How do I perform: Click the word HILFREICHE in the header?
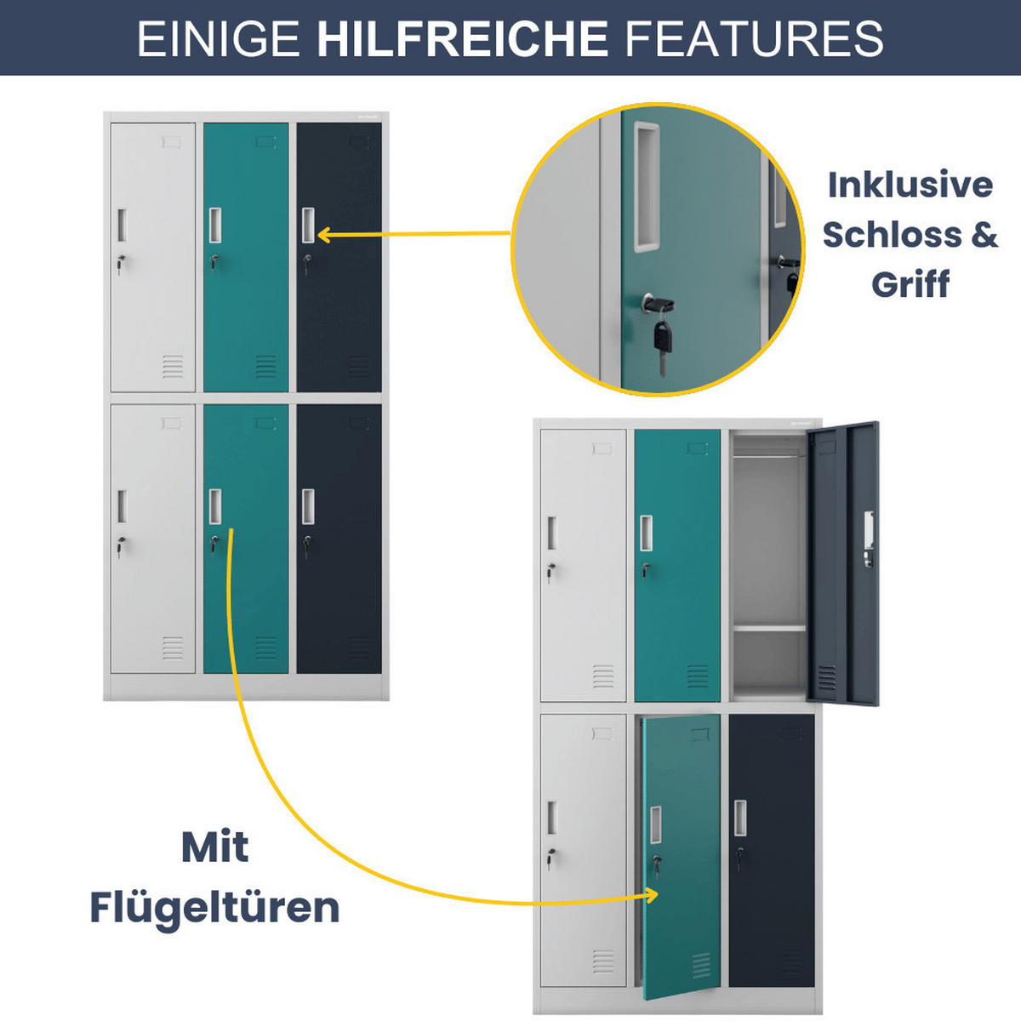click(x=462, y=39)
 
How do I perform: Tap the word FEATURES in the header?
click(x=754, y=39)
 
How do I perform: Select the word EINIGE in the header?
click(x=219, y=39)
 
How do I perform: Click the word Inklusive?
click(x=910, y=185)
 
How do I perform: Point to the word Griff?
click(x=910, y=283)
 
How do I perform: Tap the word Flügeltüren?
click(x=214, y=907)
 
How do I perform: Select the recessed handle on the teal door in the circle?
click(x=646, y=187)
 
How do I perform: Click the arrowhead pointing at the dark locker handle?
click(x=324, y=234)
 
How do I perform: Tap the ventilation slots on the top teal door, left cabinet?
click(x=265, y=367)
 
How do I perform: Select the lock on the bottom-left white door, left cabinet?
click(x=122, y=544)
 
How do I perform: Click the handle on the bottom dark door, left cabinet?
click(x=308, y=507)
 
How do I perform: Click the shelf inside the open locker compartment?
click(x=768, y=628)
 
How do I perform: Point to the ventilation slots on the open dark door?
click(x=826, y=677)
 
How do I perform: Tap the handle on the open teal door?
click(x=656, y=824)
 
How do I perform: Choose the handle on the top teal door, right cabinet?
click(x=647, y=533)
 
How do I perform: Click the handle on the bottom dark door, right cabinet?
click(x=740, y=818)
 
